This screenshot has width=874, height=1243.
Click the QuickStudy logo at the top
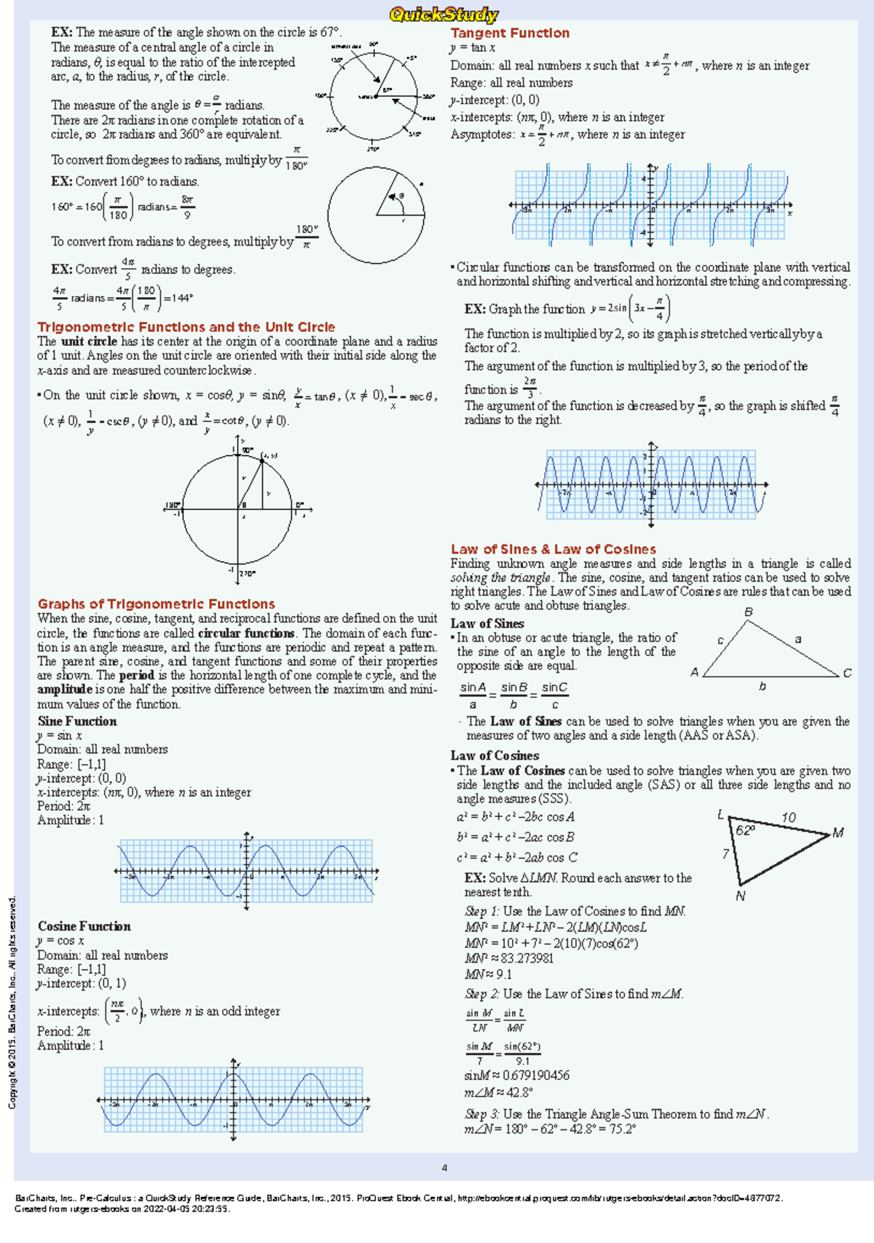444,14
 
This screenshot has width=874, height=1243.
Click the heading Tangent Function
509,33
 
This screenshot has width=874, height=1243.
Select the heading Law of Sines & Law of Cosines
553,549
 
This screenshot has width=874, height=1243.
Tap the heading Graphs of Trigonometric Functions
156,604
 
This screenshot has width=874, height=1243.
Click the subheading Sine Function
77,721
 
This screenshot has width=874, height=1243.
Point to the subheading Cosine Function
84,926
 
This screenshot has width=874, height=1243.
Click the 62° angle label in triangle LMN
745,831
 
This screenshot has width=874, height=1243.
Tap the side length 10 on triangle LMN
788,818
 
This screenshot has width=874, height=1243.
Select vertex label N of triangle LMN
740,896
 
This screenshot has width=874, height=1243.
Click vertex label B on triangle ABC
748,612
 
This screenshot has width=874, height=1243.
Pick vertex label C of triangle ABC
847,674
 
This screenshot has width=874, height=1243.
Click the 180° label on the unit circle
173,505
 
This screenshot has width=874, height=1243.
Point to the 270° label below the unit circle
248,573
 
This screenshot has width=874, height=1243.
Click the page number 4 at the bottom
444,1168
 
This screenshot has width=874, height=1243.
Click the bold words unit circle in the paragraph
88,341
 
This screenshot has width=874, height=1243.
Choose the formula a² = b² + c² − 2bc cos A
516,817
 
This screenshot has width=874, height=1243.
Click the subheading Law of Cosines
495,755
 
